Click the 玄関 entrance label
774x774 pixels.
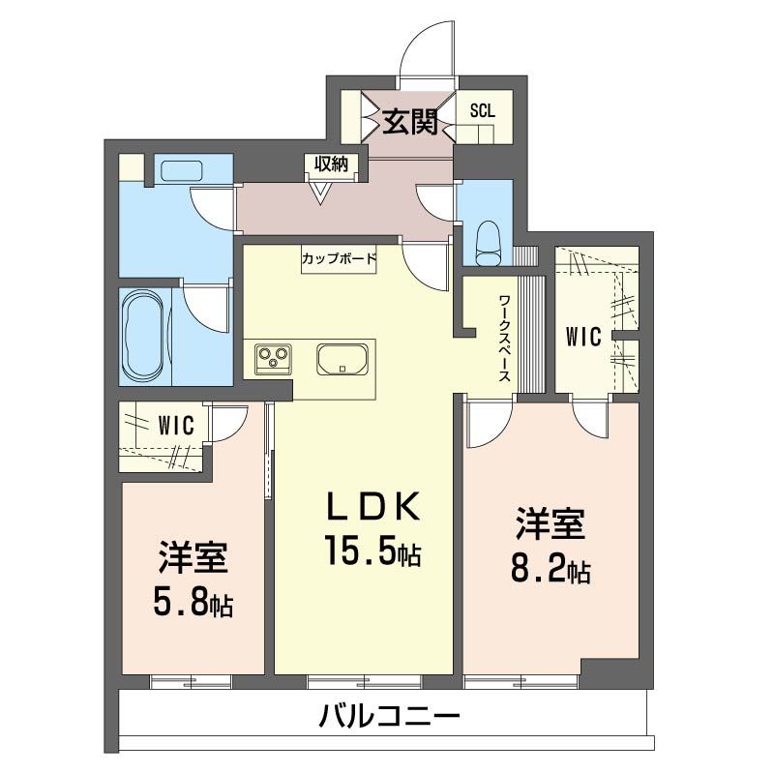pyautogui.click(x=408, y=123)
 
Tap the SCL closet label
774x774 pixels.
pyautogui.click(x=482, y=110)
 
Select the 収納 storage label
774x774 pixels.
pyautogui.click(x=332, y=164)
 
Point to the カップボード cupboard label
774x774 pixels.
pyautogui.click(x=338, y=258)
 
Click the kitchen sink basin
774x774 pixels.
pyautogui.click(x=342, y=360)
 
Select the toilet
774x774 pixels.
pyautogui.click(x=488, y=241)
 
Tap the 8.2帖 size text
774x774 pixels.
pyautogui.click(x=550, y=569)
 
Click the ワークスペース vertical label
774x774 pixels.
pyautogui.click(x=504, y=339)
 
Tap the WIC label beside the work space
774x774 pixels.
pyautogui.click(x=583, y=337)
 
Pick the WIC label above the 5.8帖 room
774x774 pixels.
pyautogui.click(x=176, y=425)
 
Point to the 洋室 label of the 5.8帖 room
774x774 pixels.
pyautogui.click(x=193, y=560)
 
